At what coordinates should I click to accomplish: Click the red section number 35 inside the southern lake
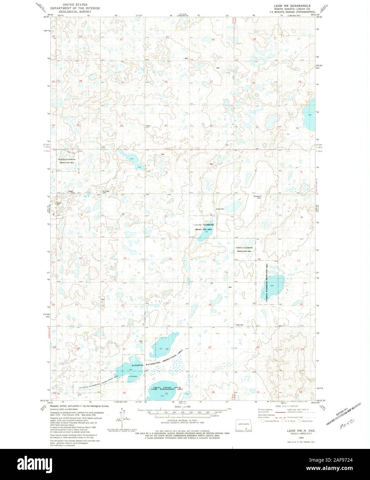click(167, 394)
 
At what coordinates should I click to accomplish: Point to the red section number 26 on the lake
click(167, 349)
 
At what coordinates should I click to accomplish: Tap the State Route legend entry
click(306, 421)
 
